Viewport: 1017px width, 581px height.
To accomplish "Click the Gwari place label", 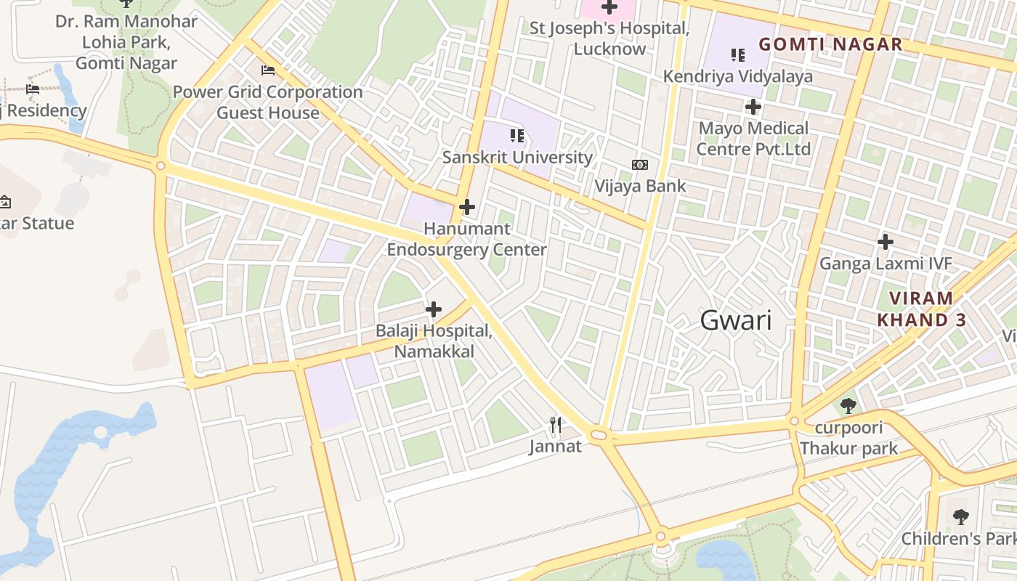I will (736, 320).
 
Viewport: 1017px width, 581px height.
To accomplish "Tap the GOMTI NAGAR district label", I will (830, 44).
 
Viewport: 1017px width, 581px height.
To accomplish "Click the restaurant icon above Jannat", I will (556, 425).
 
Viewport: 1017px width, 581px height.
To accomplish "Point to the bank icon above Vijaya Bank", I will (639, 165).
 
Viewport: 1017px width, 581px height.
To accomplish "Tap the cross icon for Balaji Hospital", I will (434, 310).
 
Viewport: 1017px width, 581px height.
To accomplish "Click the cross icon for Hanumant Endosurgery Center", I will (467, 208).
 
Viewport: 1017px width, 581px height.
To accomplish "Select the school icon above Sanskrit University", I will (517, 135).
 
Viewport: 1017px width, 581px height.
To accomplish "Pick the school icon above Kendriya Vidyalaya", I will (738, 54).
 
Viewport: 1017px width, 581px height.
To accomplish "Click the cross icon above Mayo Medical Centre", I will (753, 107).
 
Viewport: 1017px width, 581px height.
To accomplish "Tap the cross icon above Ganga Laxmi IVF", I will (886, 242).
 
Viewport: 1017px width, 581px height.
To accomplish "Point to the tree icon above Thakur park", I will (847, 405).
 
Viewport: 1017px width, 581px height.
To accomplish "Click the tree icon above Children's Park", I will (961, 517).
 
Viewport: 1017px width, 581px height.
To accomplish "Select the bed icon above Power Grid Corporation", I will (268, 70).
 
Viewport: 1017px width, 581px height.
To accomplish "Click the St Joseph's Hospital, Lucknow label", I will (609, 38).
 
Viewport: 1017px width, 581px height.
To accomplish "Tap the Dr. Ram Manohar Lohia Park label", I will (126, 42).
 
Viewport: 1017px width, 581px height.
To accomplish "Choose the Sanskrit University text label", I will (517, 157).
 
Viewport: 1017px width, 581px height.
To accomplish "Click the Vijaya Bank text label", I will (640, 186).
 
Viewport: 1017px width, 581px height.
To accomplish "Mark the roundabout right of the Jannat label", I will (599, 435).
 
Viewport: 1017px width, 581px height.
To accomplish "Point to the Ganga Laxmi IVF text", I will (886, 263).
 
